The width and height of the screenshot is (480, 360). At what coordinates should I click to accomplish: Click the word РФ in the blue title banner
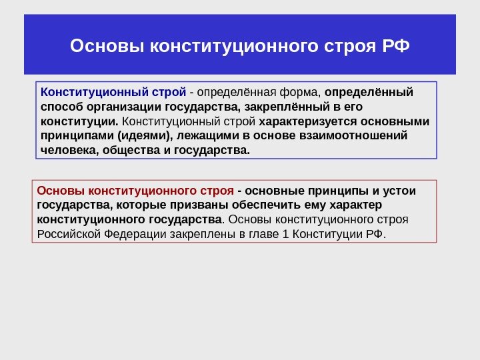click(x=397, y=47)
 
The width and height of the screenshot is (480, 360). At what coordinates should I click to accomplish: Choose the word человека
click(x=68, y=151)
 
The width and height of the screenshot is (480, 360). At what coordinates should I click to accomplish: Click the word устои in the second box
click(x=397, y=191)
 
